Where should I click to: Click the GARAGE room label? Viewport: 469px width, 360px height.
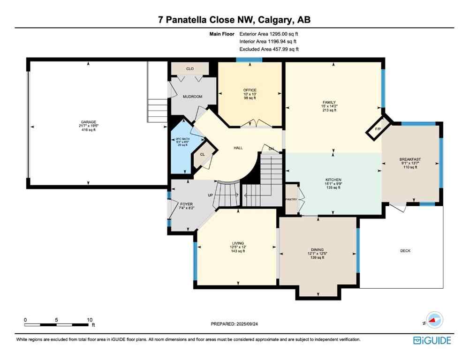(x=88, y=122)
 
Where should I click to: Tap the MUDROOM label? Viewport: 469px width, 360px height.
(x=192, y=97)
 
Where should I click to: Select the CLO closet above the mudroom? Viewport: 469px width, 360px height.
(x=190, y=69)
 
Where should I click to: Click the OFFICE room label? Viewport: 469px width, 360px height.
(x=250, y=90)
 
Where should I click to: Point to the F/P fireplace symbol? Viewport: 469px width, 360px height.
(x=377, y=129)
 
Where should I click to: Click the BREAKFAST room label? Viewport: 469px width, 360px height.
(x=410, y=159)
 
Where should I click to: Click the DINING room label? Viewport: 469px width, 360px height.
(x=317, y=250)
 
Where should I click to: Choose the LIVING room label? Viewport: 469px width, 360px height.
(x=237, y=243)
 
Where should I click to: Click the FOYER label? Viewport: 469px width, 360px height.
(x=187, y=204)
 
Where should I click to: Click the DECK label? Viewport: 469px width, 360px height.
(x=405, y=251)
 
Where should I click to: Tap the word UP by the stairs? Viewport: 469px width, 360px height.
(x=211, y=195)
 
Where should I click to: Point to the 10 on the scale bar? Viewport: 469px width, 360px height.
(x=90, y=320)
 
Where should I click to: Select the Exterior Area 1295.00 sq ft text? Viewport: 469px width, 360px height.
(x=269, y=34)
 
